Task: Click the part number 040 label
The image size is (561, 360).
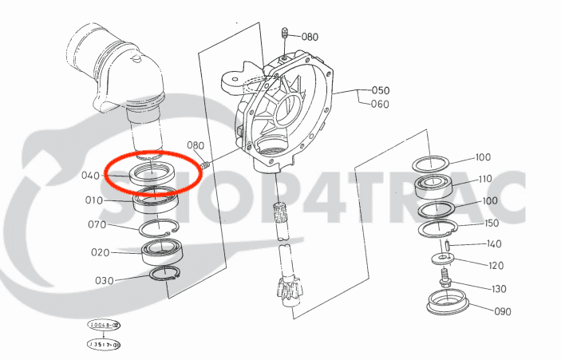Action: (x=90, y=176)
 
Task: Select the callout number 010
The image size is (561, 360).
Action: (x=94, y=200)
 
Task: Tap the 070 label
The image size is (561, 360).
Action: (x=97, y=225)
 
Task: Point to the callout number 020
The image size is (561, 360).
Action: (x=100, y=252)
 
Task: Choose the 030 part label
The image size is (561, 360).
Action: (x=105, y=280)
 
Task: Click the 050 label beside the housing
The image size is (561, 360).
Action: (x=380, y=90)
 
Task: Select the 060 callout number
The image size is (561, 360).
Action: (x=380, y=105)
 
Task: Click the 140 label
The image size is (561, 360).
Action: (x=494, y=244)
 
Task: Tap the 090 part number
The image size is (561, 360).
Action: (x=501, y=312)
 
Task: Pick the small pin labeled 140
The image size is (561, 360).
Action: (x=449, y=242)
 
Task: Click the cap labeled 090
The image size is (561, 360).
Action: (x=447, y=303)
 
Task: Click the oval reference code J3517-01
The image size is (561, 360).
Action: (x=104, y=344)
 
